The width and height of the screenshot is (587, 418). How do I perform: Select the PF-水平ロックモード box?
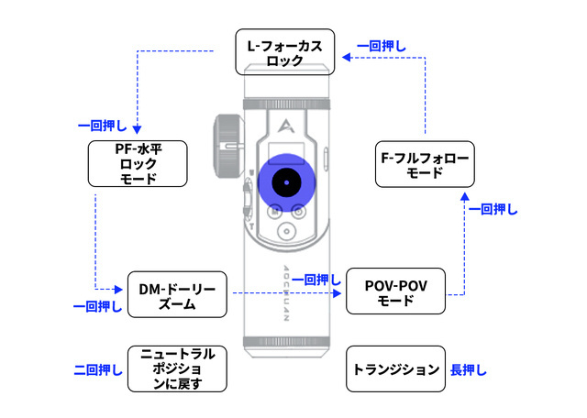pyautogui.click(x=138, y=163)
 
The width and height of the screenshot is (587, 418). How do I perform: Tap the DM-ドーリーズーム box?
pyautogui.click(x=177, y=294)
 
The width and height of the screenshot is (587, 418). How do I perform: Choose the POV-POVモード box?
pyautogui.click(x=396, y=293)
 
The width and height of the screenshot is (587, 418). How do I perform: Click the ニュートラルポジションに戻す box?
pyautogui.click(x=177, y=368)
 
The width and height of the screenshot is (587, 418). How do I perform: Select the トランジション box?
pyautogui.click(x=396, y=370)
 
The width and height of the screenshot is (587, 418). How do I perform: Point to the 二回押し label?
pyautogui.click(x=98, y=370)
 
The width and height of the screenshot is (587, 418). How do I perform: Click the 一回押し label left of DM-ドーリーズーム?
pyautogui.click(x=98, y=306)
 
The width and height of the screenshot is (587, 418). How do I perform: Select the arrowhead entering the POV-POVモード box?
pyautogui.click(x=340, y=293)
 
